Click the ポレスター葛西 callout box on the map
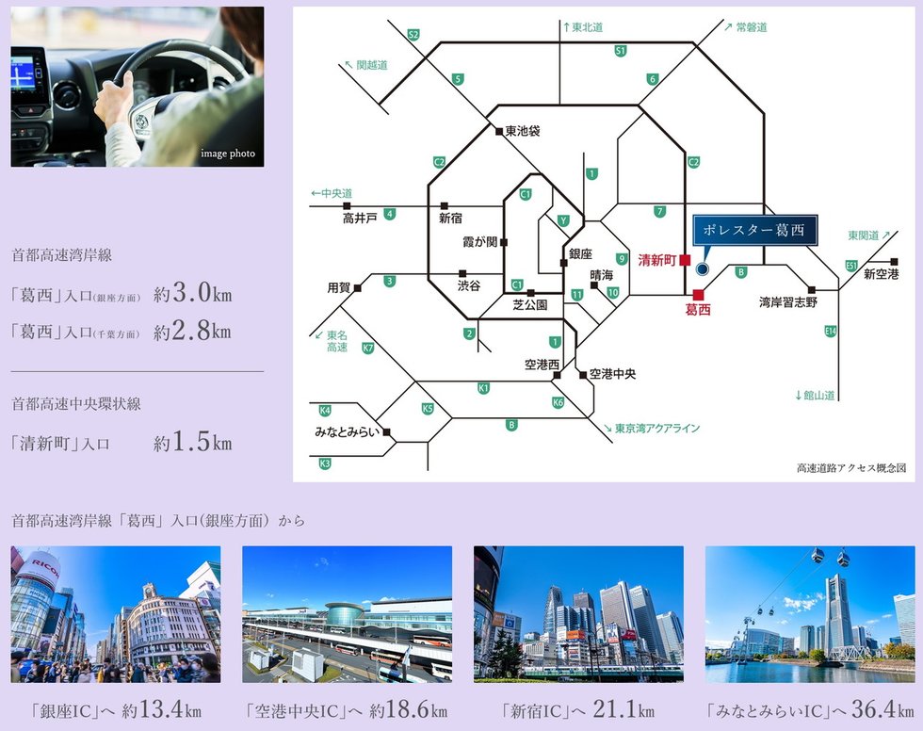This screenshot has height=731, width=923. pos(754,230)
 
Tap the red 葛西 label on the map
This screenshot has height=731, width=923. pos(697,309)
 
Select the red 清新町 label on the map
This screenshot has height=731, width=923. pos(657,259)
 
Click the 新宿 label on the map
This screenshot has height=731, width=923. pos(450,218)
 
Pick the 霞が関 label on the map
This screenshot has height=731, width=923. pos(478,242)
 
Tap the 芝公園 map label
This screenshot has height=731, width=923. pos(530,305)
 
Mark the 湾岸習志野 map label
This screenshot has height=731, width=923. pos(789,302)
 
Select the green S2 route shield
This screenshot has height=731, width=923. pos(413,35)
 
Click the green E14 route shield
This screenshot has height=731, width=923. pos(830,331)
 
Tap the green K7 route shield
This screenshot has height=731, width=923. pos(368,349)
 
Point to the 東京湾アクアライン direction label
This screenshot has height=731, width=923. pos(657,429)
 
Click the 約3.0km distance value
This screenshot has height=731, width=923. pos(192,294)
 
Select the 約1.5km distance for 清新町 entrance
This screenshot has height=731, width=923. pos(192,442)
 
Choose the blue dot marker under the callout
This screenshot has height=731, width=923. pos(701,268)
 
